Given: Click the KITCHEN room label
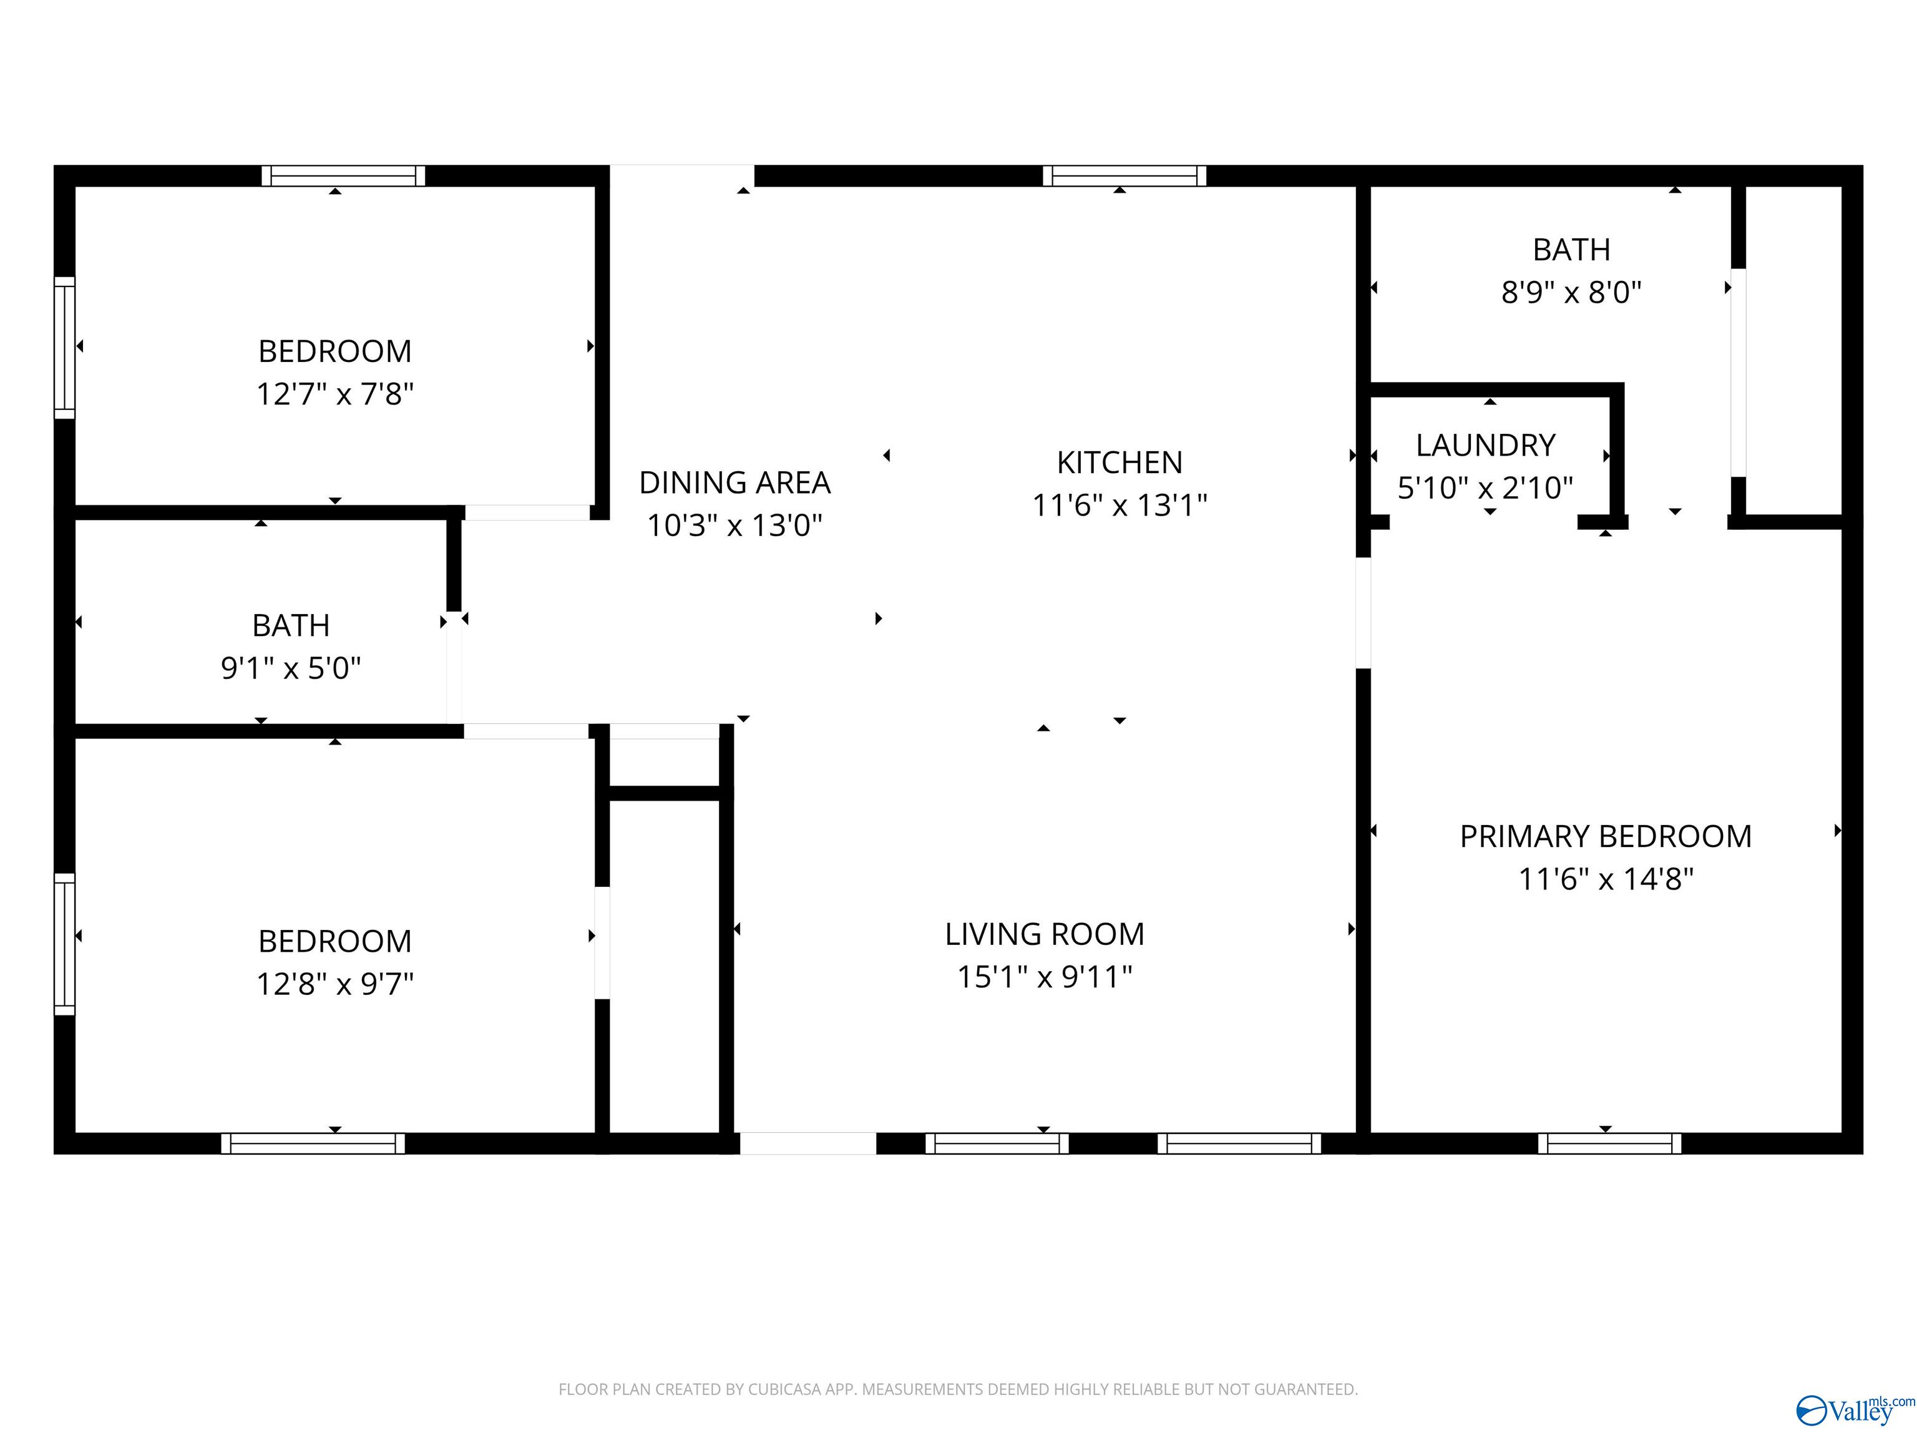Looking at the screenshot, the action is (x=1119, y=463).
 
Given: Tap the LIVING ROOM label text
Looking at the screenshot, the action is (x=1044, y=934).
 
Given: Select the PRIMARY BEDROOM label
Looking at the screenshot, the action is (x=1606, y=836).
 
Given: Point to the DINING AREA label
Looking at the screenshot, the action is (x=735, y=483).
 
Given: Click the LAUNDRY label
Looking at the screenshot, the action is (x=1485, y=446).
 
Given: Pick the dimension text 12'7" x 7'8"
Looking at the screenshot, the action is (x=334, y=394).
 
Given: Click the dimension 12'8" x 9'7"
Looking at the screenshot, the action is (x=334, y=985).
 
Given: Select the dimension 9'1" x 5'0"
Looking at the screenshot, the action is (x=291, y=668).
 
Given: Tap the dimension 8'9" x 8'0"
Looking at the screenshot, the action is (x=1571, y=292).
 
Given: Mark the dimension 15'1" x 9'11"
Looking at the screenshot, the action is (x=1044, y=977).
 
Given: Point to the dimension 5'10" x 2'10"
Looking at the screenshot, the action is (x=1485, y=488).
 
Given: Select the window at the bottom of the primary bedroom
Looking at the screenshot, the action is (x=1609, y=1143).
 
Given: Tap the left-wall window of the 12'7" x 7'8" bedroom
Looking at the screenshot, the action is (x=65, y=348).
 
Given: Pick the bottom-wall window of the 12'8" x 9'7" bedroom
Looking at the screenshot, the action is (x=313, y=1143).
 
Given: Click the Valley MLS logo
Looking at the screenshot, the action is (x=1855, y=1411).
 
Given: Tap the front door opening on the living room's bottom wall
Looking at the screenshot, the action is (x=807, y=1143).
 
